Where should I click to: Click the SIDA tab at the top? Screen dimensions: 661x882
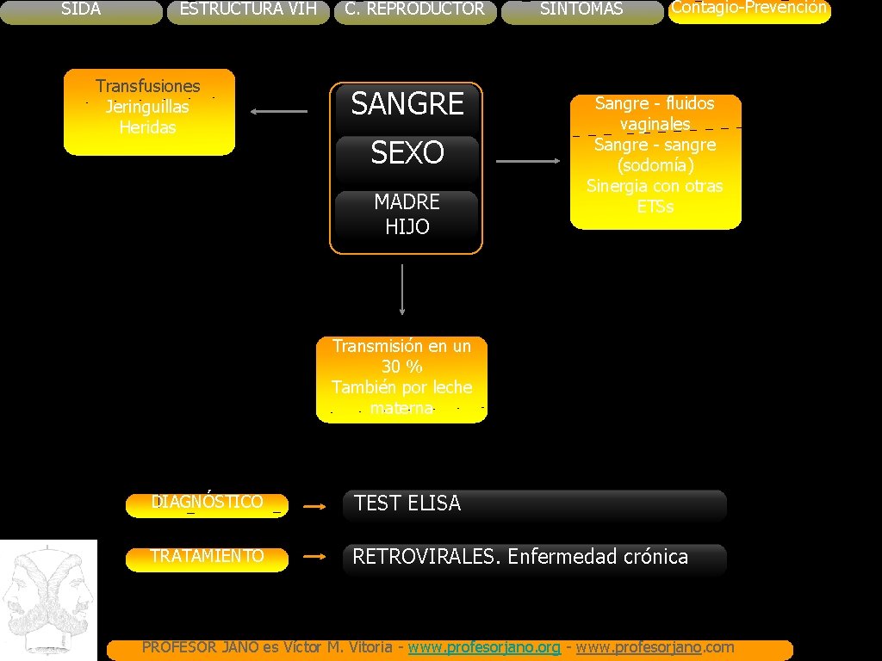pyautogui.click(x=81, y=10)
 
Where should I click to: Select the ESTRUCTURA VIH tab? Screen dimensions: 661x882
pyautogui.click(x=247, y=10)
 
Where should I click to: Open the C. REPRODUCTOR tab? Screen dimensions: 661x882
pyautogui.click(x=414, y=10)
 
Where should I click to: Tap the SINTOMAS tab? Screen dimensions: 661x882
pyautogui.click(x=581, y=10)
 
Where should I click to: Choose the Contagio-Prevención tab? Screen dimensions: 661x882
pyautogui.click(x=748, y=9)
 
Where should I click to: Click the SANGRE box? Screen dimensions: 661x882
pyautogui.click(x=407, y=104)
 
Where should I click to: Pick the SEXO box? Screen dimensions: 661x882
pyautogui.click(x=407, y=153)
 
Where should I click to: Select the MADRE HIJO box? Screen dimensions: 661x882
pyautogui.click(x=407, y=214)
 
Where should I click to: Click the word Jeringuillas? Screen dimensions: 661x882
pyautogui.click(x=147, y=107)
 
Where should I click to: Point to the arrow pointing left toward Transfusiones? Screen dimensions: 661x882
pyautogui.click(x=278, y=111)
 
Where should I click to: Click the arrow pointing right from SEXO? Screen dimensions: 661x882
pyautogui.click(x=528, y=161)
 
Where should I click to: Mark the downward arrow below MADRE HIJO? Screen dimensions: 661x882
pyautogui.click(x=402, y=290)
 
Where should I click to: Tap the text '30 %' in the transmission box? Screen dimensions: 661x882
pyautogui.click(x=401, y=367)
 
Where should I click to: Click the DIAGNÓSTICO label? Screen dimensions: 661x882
pyautogui.click(x=207, y=503)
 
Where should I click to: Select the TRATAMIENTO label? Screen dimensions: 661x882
pyautogui.click(x=207, y=557)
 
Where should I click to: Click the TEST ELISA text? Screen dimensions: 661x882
pyautogui.click(x=407, y=503)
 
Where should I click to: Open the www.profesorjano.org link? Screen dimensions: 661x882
pyautogui.click(x=484, y=647)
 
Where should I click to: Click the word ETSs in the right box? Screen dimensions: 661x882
pyautogui.click(x=655, y=207)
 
